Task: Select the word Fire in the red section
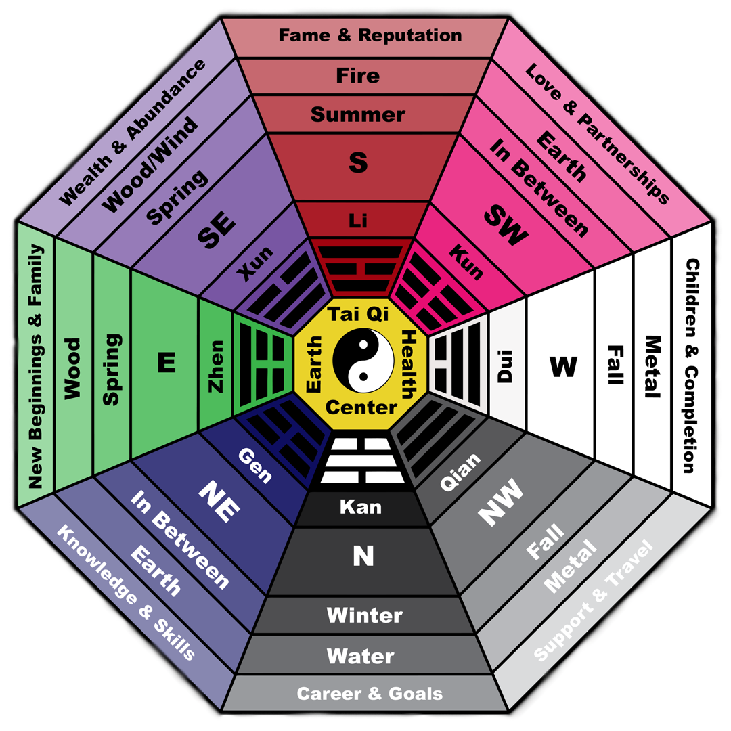[358, 75]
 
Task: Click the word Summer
[358, 114]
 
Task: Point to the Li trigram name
[358, 221]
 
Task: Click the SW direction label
[507, 225]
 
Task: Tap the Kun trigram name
[466, 263]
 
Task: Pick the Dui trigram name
[505, 366]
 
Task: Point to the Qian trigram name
[460, 471]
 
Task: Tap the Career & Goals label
[370, 694]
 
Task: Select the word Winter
[364, 615]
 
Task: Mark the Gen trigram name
[254, 465]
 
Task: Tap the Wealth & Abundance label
[133, 132]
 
